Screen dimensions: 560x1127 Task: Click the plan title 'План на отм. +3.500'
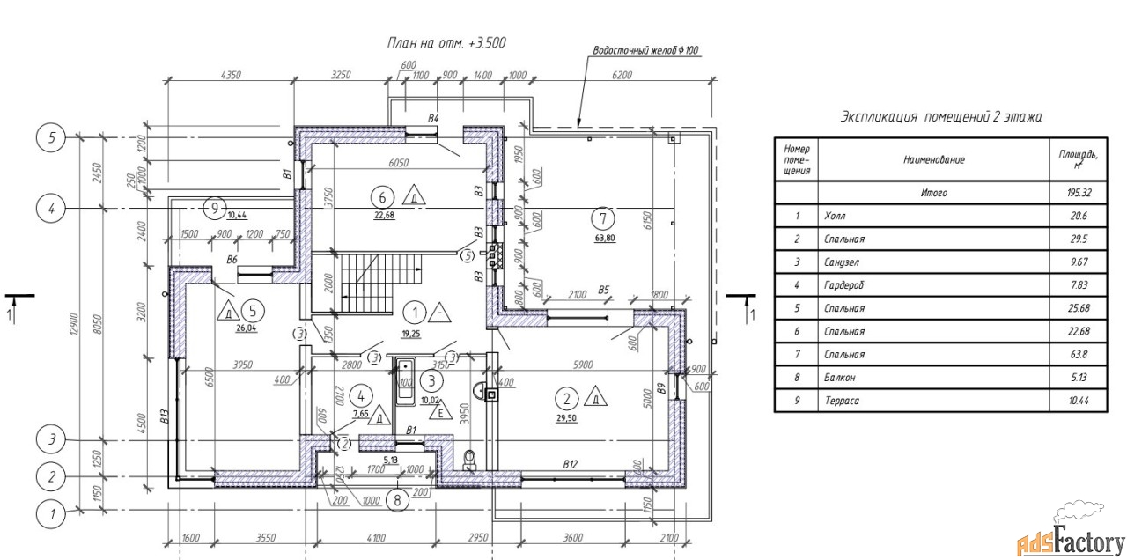[x=446, y=42]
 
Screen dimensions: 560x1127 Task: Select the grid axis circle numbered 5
[x=52, y=137]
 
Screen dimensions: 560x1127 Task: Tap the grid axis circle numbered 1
[x=52, y=511]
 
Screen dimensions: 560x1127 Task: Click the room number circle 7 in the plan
[x=602, y=217]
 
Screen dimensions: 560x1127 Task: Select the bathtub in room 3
[x=406, y=381]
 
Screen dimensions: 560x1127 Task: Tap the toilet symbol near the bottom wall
[x=468, y=457]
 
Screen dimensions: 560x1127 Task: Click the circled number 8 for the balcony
[x=397, y=499]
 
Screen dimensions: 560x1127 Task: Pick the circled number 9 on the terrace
[x=213, y=208]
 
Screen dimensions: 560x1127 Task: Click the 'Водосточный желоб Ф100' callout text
[x=646, y=51]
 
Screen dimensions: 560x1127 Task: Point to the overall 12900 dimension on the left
[x=81, y=326]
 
